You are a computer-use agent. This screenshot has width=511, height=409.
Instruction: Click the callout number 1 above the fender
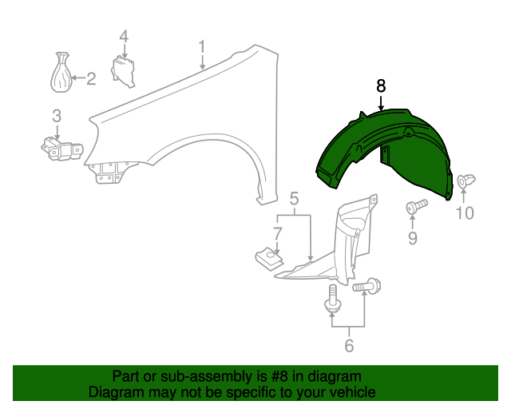(202, 47)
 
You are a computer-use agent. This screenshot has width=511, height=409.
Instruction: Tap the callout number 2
(91, 78)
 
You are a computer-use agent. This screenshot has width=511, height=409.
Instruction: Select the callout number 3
(57, 116)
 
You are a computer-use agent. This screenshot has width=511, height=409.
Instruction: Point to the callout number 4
(124, 36)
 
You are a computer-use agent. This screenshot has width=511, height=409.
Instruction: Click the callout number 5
(294, 199)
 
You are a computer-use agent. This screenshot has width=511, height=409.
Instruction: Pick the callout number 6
(349, 345)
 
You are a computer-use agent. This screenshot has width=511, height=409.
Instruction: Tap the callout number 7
(277, 234)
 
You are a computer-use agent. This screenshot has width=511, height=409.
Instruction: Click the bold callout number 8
(381, 86)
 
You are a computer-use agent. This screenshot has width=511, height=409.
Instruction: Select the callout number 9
(413, 238)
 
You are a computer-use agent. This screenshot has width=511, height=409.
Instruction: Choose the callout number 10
(465, 213)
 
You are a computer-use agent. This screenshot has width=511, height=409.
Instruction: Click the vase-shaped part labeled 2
(61, 72)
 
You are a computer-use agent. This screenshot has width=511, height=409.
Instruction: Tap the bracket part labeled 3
(61, 149)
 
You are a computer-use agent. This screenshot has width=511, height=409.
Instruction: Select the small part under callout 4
(123, 72)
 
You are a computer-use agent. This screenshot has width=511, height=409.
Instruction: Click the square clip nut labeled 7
(269, 257)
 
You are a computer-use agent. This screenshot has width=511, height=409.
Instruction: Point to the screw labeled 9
(417, 206)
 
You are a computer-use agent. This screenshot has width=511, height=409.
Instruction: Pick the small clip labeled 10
(466, 181)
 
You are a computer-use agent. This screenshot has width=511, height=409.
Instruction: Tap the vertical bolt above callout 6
(333, 299)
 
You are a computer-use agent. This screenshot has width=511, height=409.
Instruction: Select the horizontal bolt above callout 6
(366, 286)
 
